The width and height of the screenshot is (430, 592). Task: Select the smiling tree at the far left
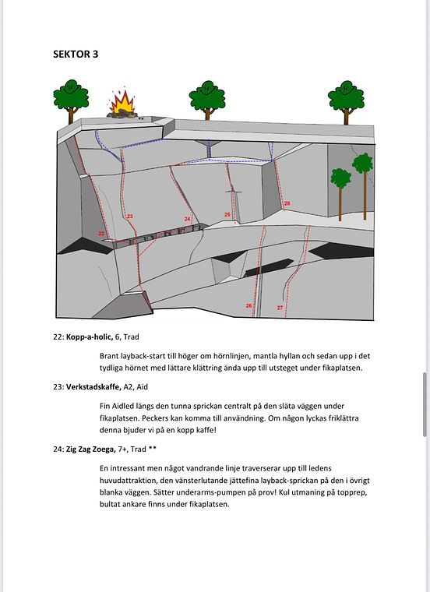point(70,97)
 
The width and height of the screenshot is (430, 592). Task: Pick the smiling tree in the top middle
point(206,96)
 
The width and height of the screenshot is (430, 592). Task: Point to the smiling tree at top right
point(345,97)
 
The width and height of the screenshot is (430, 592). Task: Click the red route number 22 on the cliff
point(102,233)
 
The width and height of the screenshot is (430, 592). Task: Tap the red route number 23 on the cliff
point(129,216)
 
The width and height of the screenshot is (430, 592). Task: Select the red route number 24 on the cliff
point(188,219)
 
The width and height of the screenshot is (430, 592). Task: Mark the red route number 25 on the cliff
point(227,214)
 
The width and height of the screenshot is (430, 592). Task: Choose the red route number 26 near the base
point(248,305)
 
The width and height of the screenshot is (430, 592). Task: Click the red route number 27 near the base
point(280,308)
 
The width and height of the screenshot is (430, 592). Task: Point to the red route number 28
point(287,203)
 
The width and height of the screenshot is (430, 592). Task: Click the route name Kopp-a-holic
point(91,338)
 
